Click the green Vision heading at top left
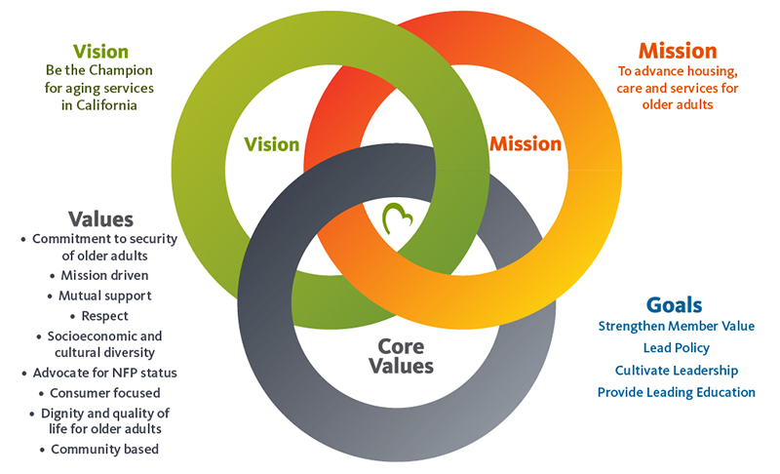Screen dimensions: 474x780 click(100, 52)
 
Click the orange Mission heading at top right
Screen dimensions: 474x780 click(678, 50)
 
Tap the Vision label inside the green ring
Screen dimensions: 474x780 click(271, 144)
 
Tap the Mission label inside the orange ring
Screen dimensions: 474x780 click(526, 144)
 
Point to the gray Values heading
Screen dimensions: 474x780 click(100, 218)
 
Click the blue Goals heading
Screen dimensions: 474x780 click(674, 304)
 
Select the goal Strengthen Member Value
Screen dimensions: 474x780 click(676, 326)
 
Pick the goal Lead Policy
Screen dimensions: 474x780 click(676, 348)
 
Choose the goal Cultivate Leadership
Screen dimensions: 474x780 click(676, 371)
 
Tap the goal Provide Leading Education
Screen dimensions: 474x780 click(676, 392)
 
